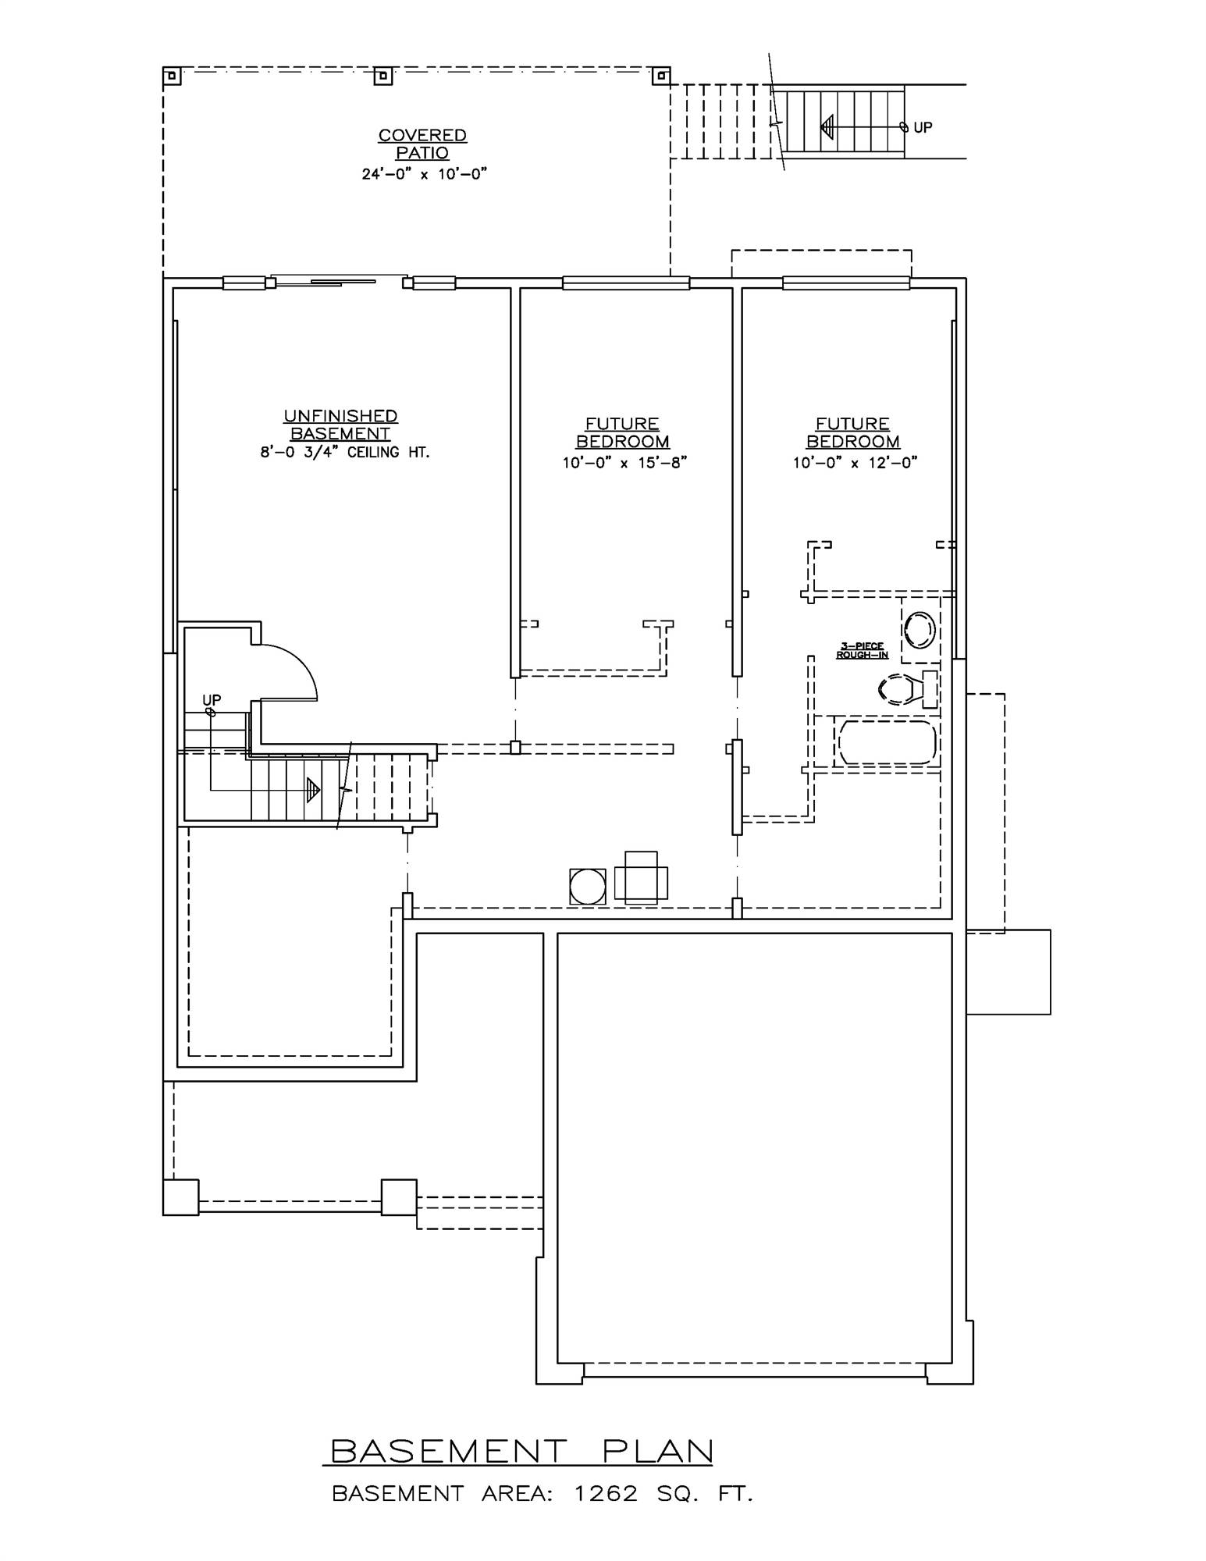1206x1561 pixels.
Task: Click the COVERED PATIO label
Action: (422, 144)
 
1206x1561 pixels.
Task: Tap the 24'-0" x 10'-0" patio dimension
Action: (424, 174)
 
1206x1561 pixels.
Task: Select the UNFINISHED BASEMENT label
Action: (340, 425)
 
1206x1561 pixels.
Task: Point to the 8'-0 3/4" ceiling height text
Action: (345, 453)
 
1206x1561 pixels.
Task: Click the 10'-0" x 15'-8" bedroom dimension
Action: (624, 463)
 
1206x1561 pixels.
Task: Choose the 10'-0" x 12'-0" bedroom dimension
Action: (855, 463)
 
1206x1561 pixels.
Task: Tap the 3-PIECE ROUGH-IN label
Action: (862, 650)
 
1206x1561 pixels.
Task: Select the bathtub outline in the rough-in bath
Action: (885, 742)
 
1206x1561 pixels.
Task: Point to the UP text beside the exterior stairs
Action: (923, 127)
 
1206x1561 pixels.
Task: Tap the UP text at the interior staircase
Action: (212, 700)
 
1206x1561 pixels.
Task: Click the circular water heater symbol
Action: (588, 887)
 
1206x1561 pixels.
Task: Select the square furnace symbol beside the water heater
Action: (641, 877)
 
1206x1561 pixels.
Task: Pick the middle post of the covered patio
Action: (382, 76)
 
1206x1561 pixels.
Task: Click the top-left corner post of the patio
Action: (171, 76)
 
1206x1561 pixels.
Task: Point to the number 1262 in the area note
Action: (606, 1494)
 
